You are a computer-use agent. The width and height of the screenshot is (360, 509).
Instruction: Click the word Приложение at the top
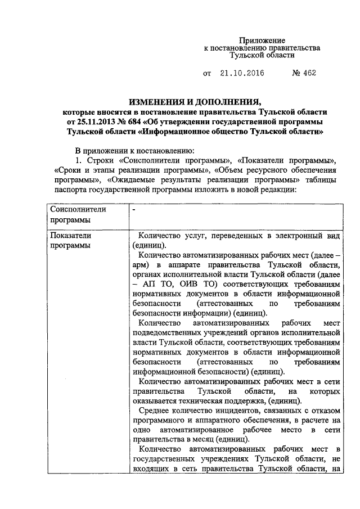coord(262,40)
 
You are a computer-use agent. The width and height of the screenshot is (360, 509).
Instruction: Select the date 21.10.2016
coord(242,74)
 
